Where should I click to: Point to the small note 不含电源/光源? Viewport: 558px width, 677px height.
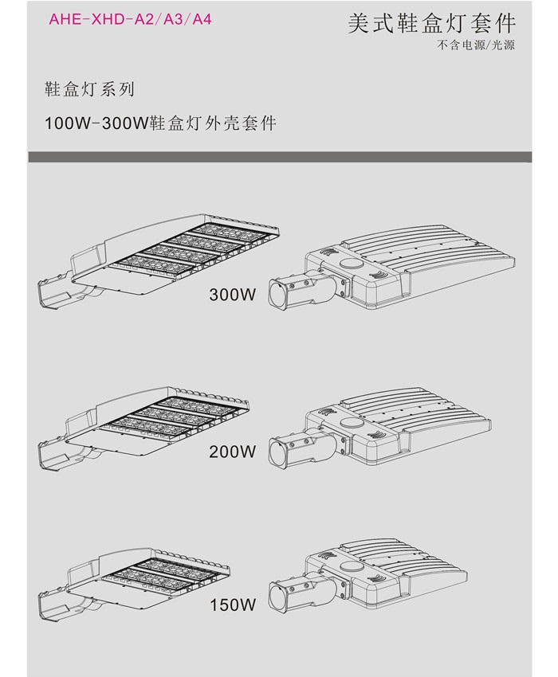(x=475, y=45)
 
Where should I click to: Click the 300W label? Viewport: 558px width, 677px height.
(x=232, y=295)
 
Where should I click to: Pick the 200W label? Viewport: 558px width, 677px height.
(x=232, y=452)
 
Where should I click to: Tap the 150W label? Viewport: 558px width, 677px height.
(x=232, y=605)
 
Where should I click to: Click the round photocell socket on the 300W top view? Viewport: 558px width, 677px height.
(x=350, y=263)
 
